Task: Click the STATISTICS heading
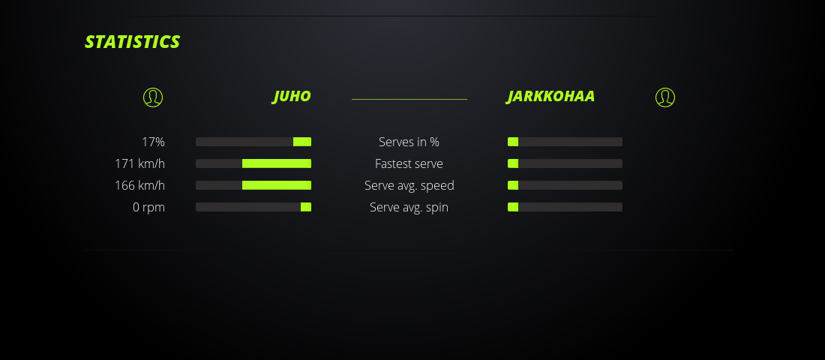pyautogui.click(x=133, y=42)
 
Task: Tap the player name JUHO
pyautogui.click(x=292, y=96)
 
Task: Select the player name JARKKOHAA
pyautogui.click(x=550, y=96)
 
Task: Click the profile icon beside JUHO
pyautogui.click(x=153, y=97)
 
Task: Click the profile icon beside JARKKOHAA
pyautogui.click(x=665, y=97)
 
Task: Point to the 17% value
pyautogui.click(x=153, y=142)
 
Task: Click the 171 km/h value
pyautogui.click(x=140, y=163)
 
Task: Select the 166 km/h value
pyautogui.click(x=140, y=185)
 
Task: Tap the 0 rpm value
pyautogui.click(x=149, y=207)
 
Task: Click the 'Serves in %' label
pyautogui.click(x=409, y=142)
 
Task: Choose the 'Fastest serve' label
pyautogui.click(x=409, y=163)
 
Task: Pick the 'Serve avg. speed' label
pyautogui.click(x=409, y=185)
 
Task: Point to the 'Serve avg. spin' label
pyautogui.click(x=409, y=207)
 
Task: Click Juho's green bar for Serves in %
pyautogui.click(x=302, y=142)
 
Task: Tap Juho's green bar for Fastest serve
pyautogui.click(x=277, y=163)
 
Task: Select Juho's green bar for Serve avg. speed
pyautogui.click(x=277, y=185)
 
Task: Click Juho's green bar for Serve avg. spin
pyautogui.click(x=306, y=207)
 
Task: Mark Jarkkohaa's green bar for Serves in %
pyautogui.click(x=513, y=142)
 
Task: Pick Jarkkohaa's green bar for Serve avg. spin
pyautogui.click(x=513, y=207)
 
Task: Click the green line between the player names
pyautogui.click(x=409, y=99)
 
